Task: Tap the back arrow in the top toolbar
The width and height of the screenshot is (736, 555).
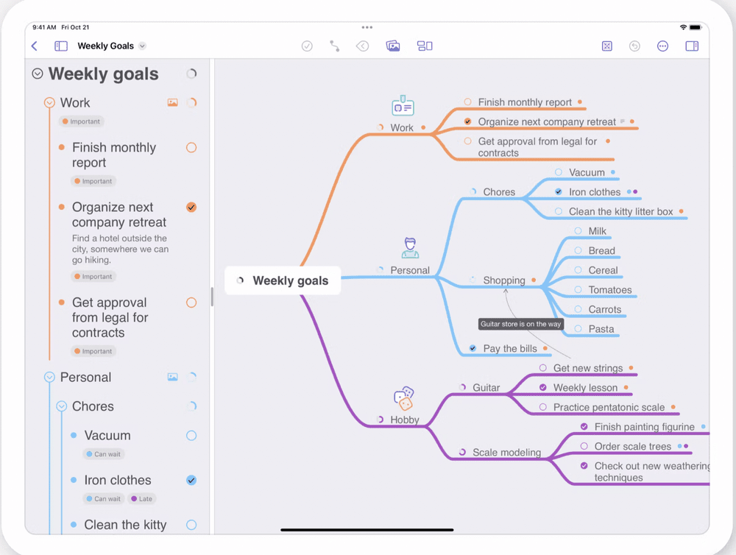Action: point(35,46)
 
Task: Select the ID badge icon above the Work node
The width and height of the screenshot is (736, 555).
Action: point(402,107)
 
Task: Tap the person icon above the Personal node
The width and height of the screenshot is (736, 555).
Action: point(410,247)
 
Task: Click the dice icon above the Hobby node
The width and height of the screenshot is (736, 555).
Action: point(403,398)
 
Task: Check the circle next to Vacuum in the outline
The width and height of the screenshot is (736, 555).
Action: point(191,436)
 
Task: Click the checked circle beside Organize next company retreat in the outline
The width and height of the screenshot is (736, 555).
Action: point(191,208)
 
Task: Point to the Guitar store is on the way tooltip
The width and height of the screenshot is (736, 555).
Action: point(521,324)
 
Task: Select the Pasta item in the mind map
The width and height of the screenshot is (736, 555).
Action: point(601,329)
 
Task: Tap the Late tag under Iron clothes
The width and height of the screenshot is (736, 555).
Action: point(144,498)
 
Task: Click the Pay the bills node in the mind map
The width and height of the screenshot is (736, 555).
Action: point(509,349)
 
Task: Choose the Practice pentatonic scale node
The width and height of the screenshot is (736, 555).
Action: point(609,407)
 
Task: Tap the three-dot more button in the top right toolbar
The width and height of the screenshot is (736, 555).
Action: point(662,46)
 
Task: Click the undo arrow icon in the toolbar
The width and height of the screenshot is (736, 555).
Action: point(634,46)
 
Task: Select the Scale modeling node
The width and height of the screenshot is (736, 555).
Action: point(506,453)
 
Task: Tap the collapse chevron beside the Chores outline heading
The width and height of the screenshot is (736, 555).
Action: point(61,406)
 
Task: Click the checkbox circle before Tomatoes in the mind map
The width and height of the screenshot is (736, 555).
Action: point(578,290)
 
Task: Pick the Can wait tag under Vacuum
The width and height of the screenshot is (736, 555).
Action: point(103,454)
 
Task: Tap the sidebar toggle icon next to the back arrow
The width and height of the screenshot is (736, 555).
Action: point(61,46)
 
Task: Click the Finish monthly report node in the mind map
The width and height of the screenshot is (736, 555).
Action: point(524,102)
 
